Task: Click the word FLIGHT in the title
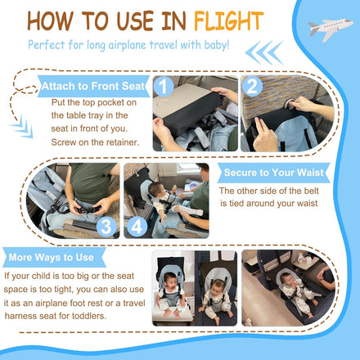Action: [228, 21]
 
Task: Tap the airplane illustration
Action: [330, 29]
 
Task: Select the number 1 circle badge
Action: [163, 87]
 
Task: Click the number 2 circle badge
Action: [252, 87]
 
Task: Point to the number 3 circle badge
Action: [106, 227]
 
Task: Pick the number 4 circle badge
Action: [137, 227]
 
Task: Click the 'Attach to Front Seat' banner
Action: [93, 86]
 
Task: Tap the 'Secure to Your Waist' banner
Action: [273, 173]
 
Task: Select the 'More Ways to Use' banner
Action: [54, 257]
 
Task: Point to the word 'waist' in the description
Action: [306, 204]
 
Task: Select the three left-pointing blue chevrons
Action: [263, 52]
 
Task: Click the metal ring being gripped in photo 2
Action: [289, 104]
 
